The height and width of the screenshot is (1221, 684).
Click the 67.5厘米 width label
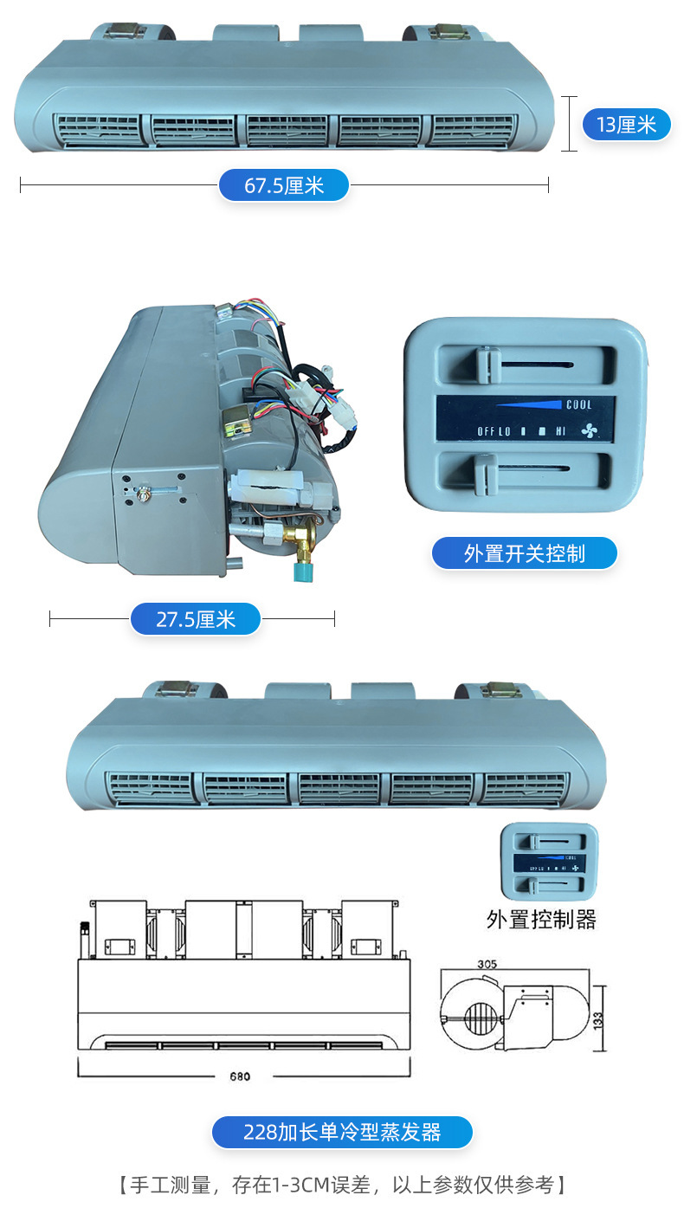coord(284,185)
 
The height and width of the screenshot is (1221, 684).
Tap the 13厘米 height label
coord(626,125)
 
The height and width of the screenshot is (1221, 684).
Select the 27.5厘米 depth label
coord(196,619)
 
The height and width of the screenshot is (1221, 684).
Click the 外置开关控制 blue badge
coord(525,554)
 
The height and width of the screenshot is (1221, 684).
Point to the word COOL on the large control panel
coord(579,404)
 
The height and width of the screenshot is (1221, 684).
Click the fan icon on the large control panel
coord(589,431)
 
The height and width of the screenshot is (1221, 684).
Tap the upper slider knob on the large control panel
coord(487,365)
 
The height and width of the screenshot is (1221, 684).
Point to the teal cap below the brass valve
coord(304,570)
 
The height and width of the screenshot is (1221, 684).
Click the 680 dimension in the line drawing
coord(240,1076)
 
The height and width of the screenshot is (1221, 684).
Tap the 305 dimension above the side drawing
coord(487,964)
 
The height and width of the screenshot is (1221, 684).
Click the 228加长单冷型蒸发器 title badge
coord(342,1133)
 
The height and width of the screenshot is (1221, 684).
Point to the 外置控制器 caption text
coord(541,920)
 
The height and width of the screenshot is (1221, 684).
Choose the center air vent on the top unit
coord(286,131)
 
